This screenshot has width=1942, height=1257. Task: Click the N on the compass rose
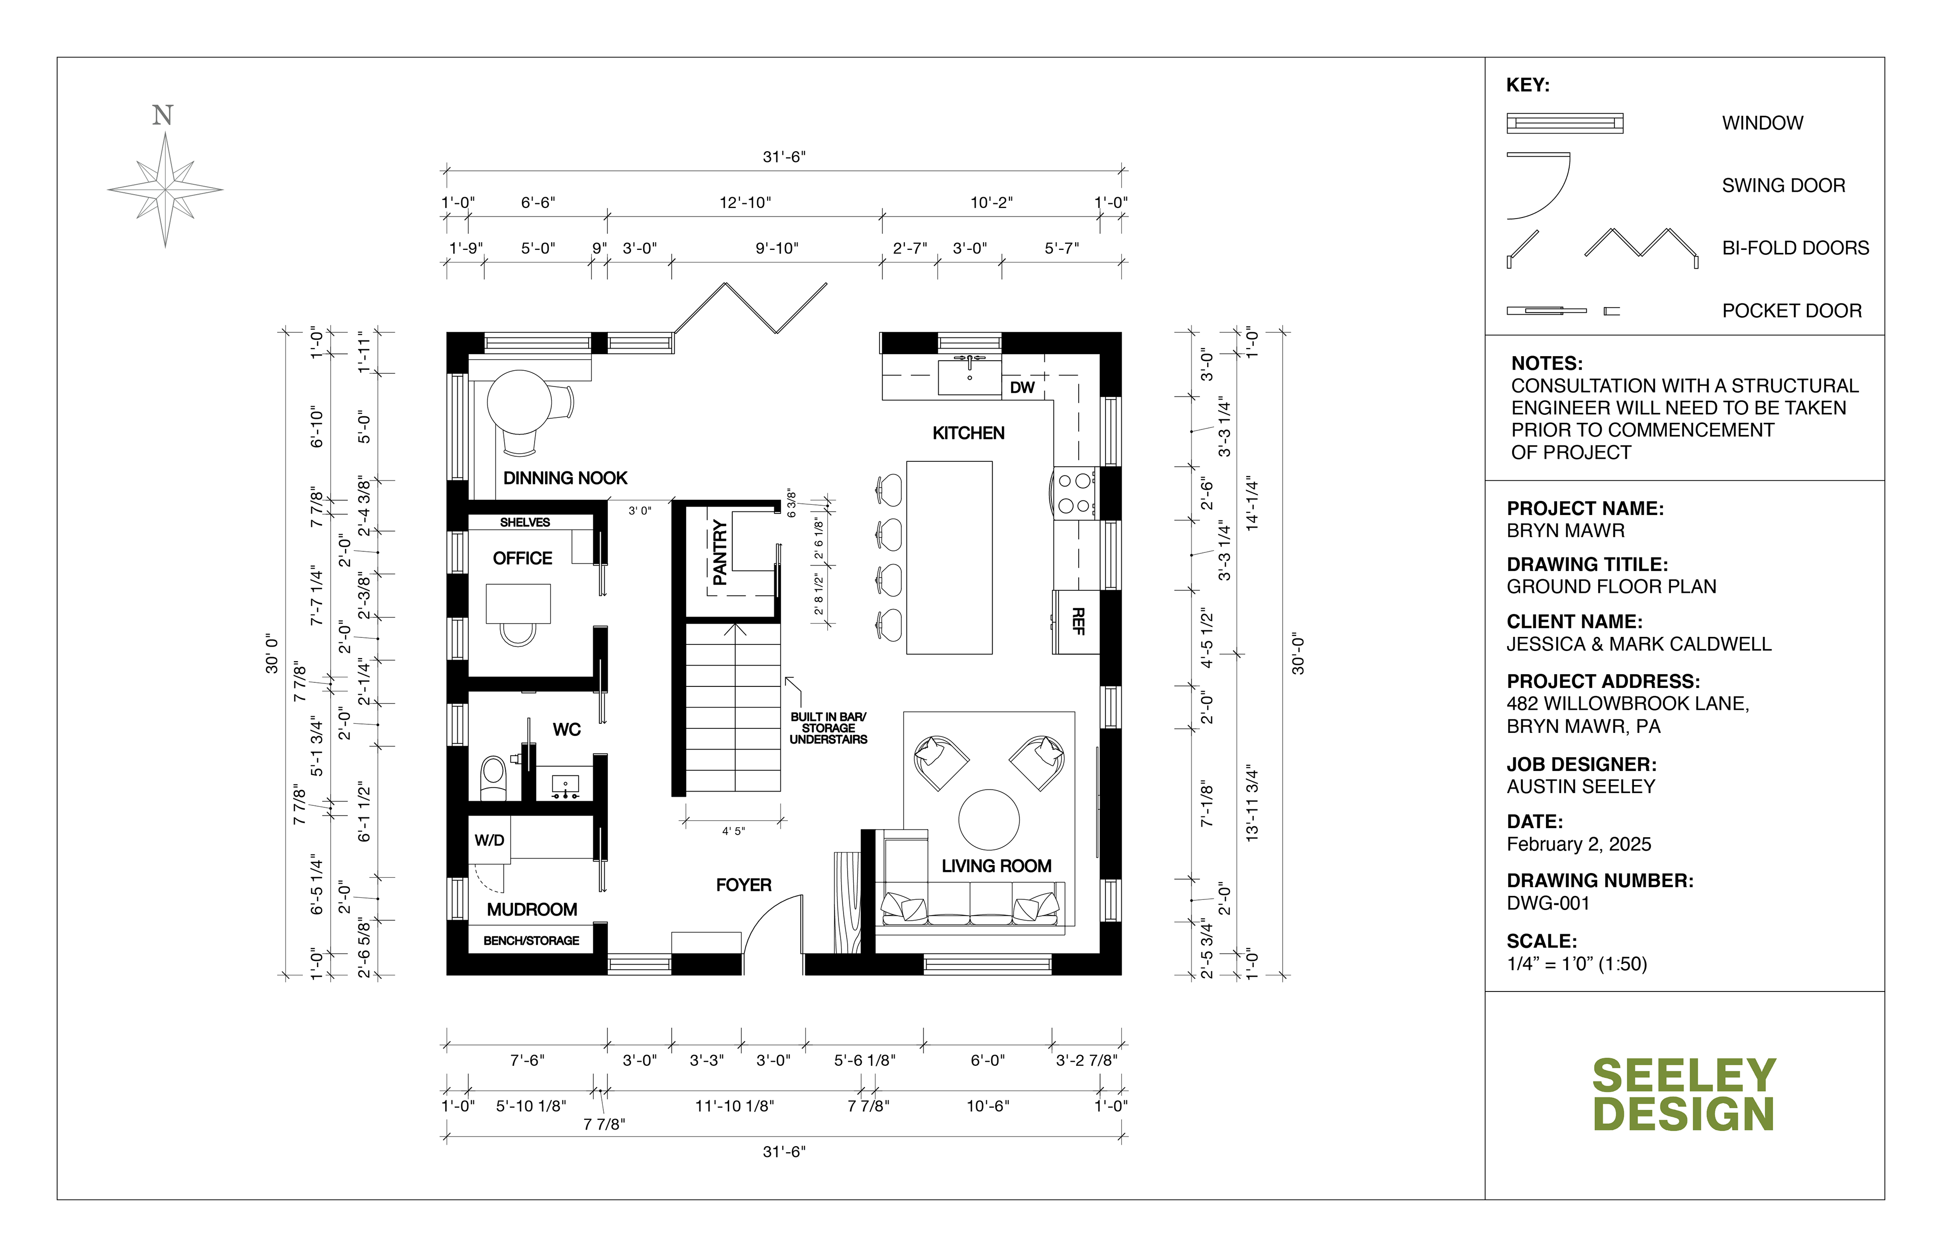pyautogui.click(x=163, y=116)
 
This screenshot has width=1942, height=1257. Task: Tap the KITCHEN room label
pyautogui.click(x=968, y=434)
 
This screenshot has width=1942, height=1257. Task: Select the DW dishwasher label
pyautogui.click(x=1023, y=387)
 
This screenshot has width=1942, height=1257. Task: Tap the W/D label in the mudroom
pyautogui.click(x=490, y=840)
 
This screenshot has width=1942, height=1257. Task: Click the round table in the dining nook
pyautogui.click(x=519, y=403)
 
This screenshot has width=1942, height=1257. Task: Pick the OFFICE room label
pyautogui.click(x=522, y=558)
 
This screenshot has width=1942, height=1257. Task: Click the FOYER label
pyautogui.click(x=743, y=885)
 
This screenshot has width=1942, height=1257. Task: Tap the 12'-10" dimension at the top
pyautogui.click(x=745, y=202)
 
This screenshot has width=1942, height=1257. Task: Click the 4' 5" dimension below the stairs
pyautogui.click(x=733, y=831)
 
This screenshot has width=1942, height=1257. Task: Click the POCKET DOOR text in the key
pyautogui.click(x=1792, y=311)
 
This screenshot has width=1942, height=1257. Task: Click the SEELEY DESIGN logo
pyautogui.click(x=1684, y=1095)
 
